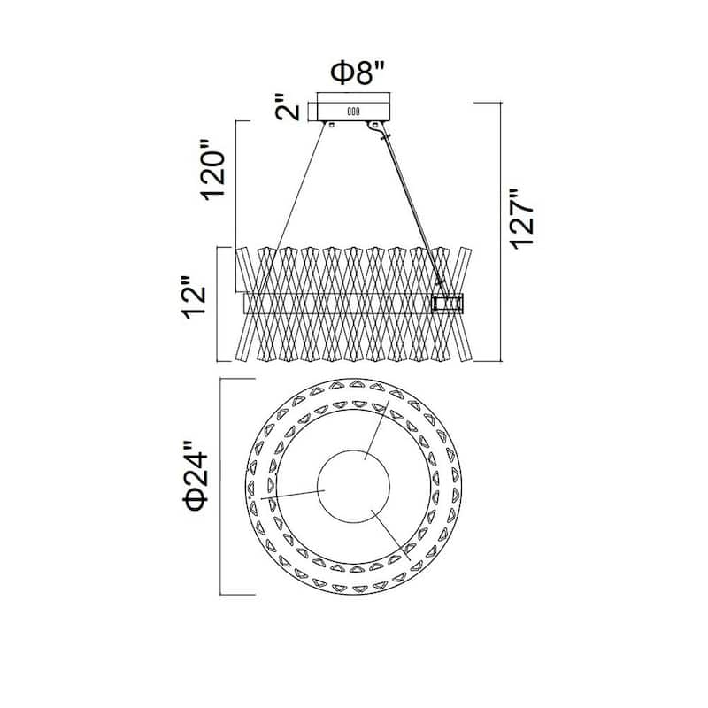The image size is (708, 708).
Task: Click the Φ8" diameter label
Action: click(x=358, y=73)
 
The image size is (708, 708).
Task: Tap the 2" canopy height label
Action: click(x=287, y=107)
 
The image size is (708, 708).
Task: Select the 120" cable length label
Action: click(x=212, y=169)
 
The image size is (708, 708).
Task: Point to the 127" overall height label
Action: click(x=522, y=219)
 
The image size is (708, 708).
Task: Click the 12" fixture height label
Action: click(x=194, y=296)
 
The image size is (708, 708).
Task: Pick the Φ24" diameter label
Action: click(x=196, y=476)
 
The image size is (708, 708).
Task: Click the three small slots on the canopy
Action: click(x=353, y=112)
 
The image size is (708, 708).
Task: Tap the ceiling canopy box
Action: click(x=353, y=107)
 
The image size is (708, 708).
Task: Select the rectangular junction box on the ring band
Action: click(x=447, y=304)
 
